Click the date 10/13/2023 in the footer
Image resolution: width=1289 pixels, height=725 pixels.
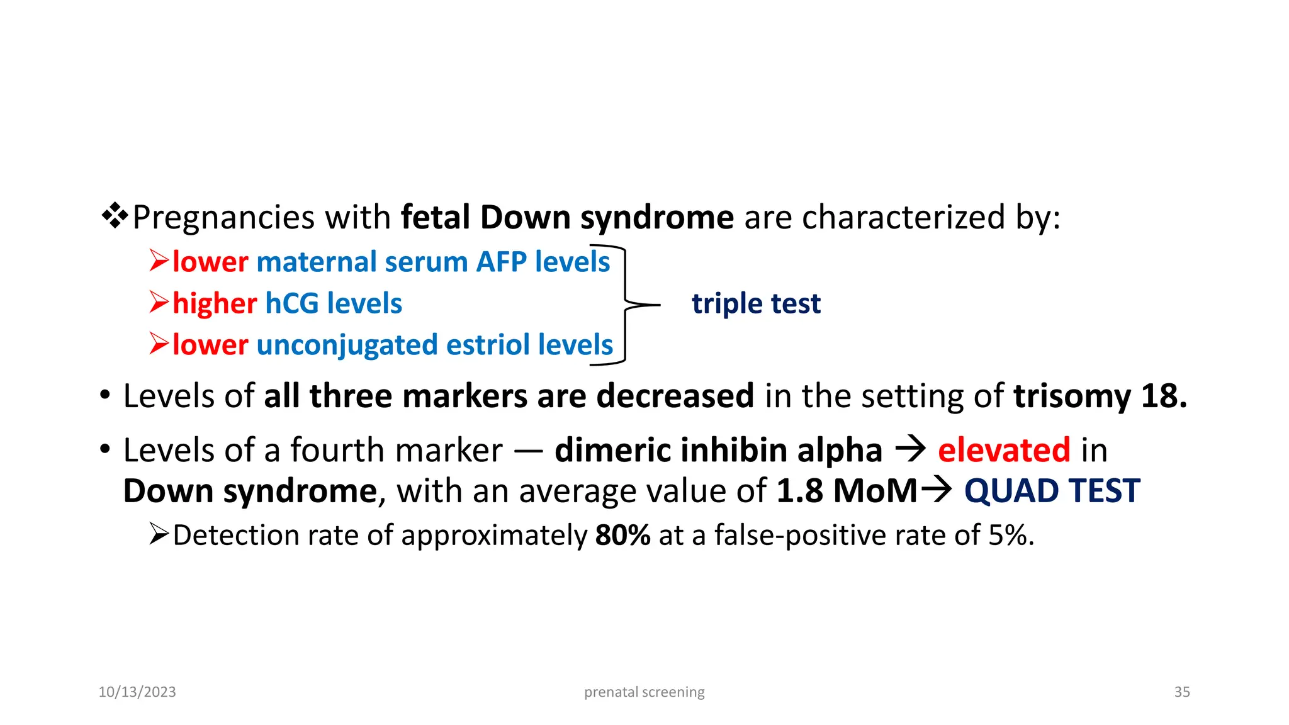137,692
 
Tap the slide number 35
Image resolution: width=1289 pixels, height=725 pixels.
1181,692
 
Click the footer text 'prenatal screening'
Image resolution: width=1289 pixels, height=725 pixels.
644,692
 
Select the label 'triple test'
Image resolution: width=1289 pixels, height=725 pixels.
756,304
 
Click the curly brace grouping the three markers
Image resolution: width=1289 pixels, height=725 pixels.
626,305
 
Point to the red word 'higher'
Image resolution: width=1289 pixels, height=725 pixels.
215,304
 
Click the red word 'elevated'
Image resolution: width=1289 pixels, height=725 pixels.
1003,450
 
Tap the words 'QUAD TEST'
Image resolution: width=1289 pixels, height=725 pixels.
1052,491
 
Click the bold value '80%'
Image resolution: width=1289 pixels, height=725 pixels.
622,536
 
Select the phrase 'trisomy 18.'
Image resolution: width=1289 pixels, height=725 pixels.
1100,396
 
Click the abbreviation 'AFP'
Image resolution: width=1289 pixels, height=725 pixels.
501,262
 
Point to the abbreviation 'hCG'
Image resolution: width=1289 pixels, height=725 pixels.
292,304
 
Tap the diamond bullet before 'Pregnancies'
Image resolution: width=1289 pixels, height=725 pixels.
115,216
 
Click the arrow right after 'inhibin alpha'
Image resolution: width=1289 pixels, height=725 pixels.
910,449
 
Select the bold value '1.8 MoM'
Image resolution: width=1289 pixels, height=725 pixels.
847,491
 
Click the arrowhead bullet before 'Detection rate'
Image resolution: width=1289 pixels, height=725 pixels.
159,534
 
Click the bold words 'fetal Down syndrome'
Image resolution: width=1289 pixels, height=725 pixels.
567,218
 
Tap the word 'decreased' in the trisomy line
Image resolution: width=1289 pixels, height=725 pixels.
675,396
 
